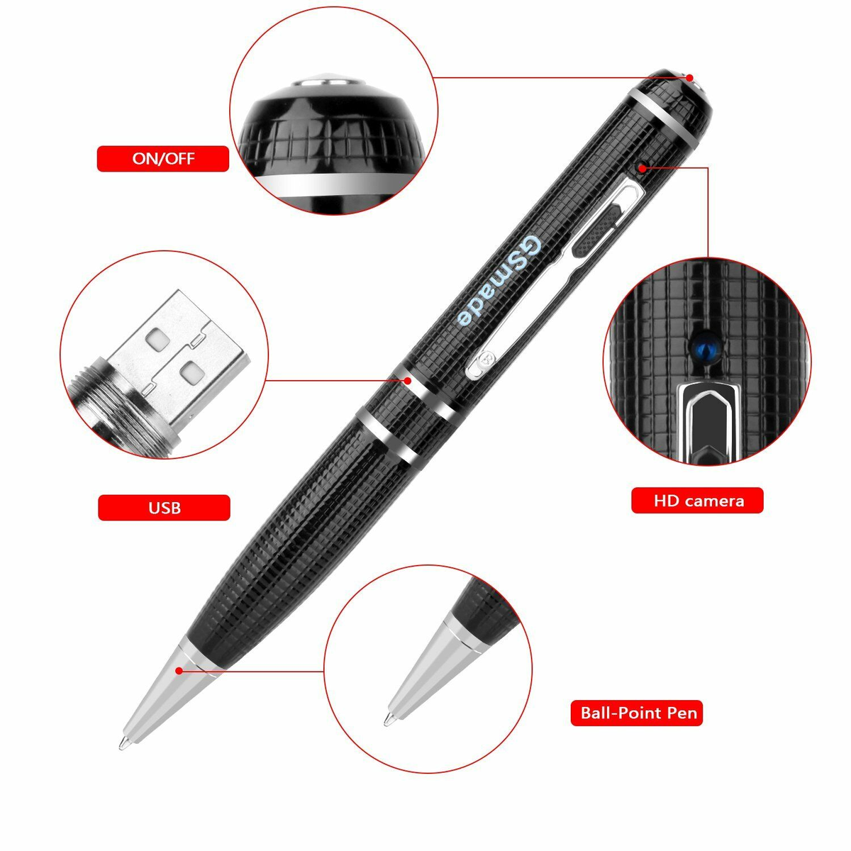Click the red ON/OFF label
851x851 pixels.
(x=163, y=159)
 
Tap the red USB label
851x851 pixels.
(x=164, y=508)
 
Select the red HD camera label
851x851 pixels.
(x=697, y=501)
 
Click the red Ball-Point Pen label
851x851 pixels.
(x=636, y=713)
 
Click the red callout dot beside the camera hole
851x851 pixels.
(x=642, y=167)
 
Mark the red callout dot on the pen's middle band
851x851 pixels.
(x=408, y=380)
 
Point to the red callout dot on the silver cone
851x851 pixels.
(x=179, y=670)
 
